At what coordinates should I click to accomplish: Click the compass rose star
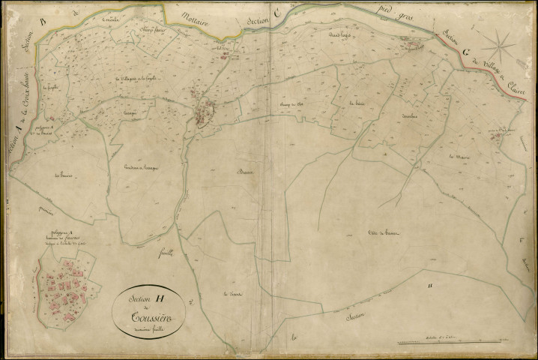click(498, 46)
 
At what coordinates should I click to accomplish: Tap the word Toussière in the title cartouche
click(148, 316)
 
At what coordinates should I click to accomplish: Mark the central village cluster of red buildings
click(203, 112)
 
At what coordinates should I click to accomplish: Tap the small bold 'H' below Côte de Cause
click(429, 286)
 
